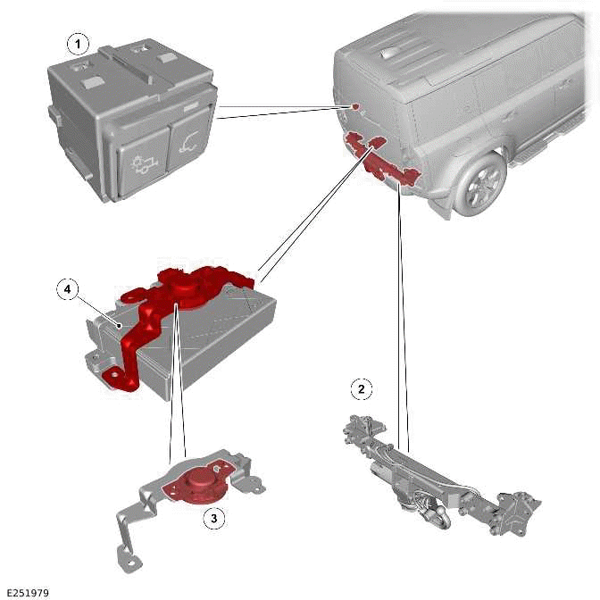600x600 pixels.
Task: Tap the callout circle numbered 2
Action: pyautogui.click(x=361, y=388)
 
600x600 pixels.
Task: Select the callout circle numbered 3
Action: pyautogui.click(x=212, y=517)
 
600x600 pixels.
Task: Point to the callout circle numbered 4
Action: pyautogui.click(x=67, y=288)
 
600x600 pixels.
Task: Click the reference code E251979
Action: pyautogui.click(x=28, y=592)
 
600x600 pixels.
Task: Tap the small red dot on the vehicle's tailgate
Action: pyautogui.click(x=355, y=106)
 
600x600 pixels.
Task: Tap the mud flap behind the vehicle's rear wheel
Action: pyautogui.click(x=446, y=191)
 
